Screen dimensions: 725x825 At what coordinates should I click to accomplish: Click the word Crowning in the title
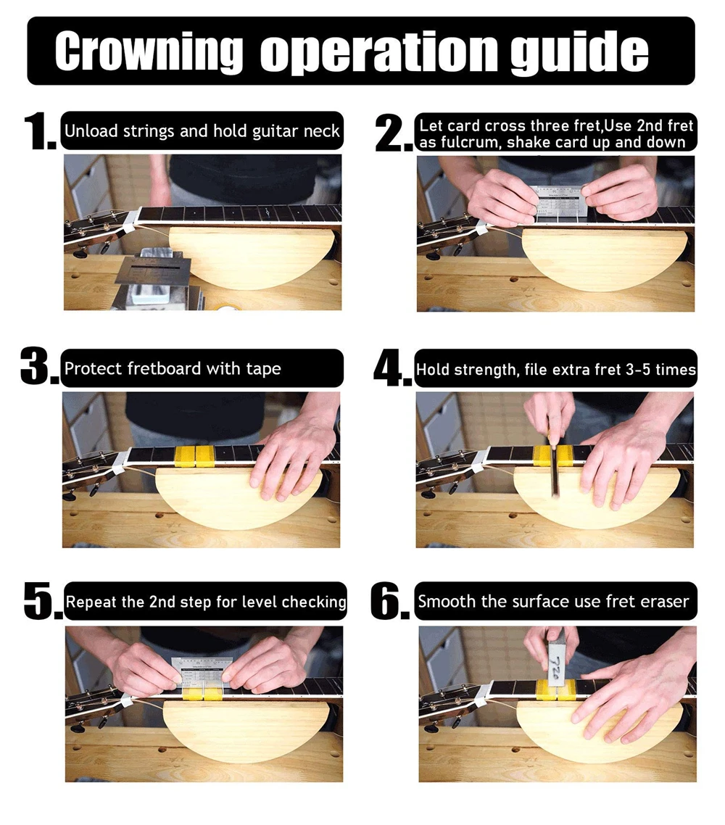tap(149, 51)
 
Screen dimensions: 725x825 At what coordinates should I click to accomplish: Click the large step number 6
tap(389, 600)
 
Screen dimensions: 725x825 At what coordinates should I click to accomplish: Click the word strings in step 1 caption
tap(149, 131)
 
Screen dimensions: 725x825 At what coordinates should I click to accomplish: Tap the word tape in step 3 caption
tap(263, 369)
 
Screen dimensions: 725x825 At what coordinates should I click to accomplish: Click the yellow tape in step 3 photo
tap(194, 456)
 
